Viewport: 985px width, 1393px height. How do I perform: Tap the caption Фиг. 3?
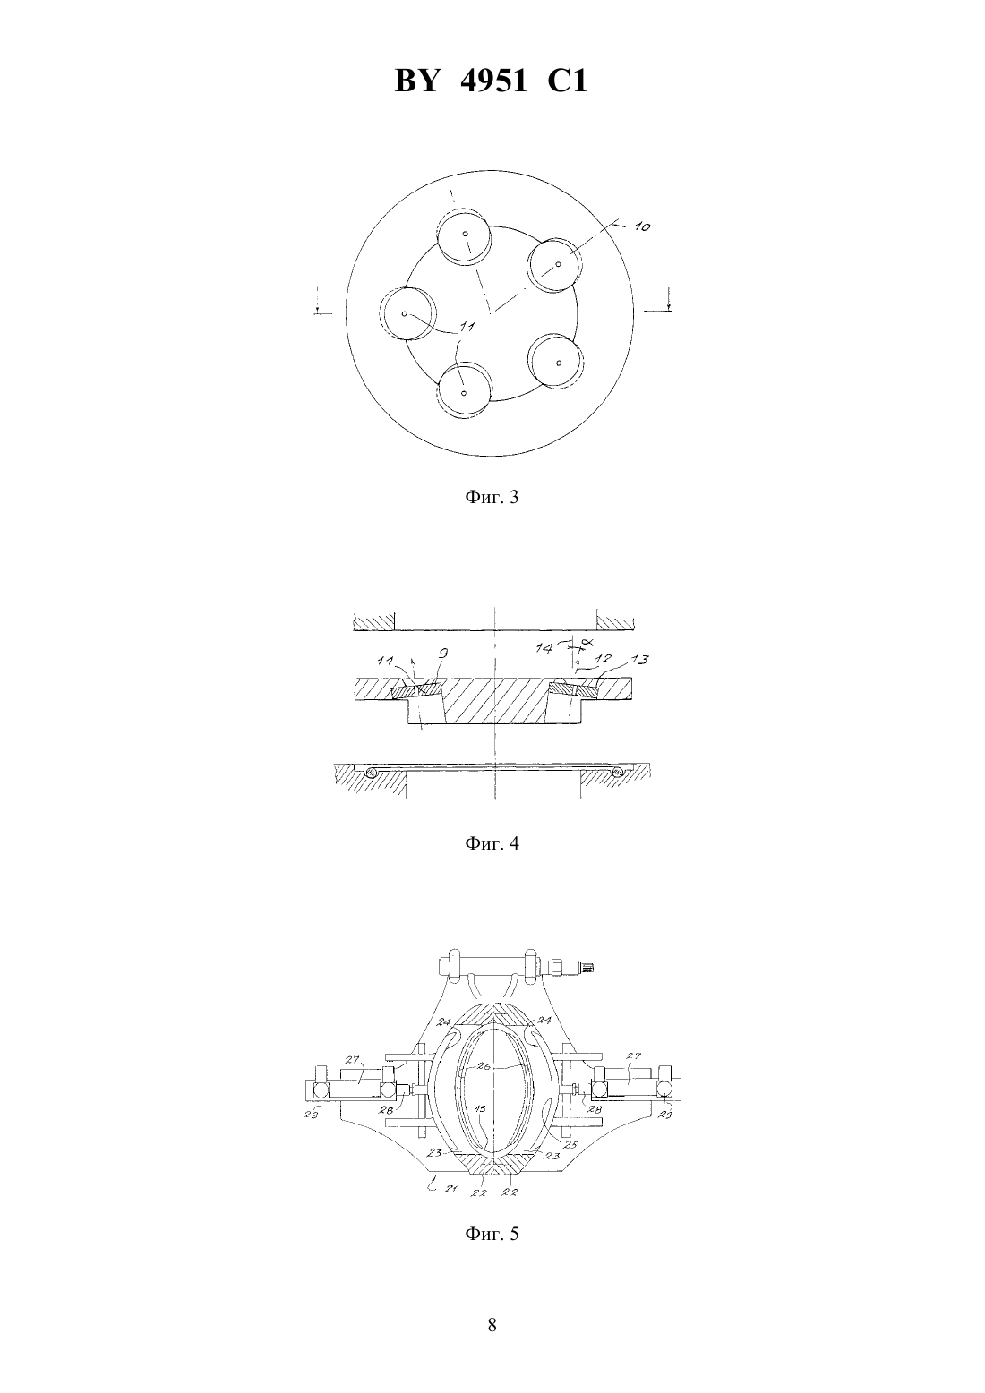(492, 497)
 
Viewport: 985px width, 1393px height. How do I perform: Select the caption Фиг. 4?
(492, 844)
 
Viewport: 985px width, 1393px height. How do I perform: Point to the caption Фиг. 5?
(492, 1233)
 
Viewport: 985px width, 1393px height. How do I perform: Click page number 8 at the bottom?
(492, 1325)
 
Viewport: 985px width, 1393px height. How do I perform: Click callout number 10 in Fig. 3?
(642, 226)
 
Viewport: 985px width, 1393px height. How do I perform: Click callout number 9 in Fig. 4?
(442, 654)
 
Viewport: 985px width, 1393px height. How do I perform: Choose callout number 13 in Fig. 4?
(638, 659)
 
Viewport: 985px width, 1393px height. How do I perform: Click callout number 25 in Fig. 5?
(571, 1143)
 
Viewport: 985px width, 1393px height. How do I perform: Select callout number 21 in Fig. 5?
(450, 1189)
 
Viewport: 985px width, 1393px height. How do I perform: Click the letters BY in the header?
(417, 81)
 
